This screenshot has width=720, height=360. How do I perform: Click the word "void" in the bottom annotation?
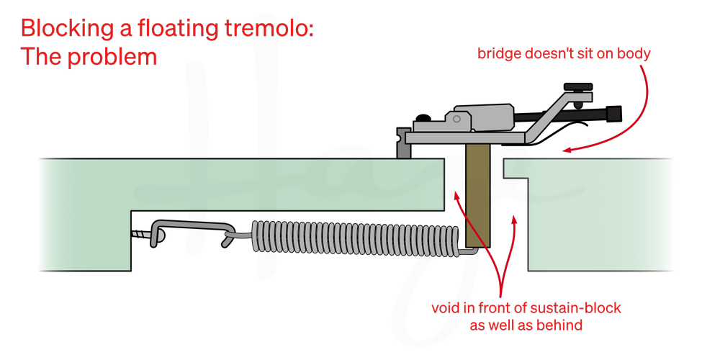pyautogui.click(x=445, y=309)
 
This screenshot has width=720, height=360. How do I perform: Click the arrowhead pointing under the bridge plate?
pyautogui.click(x=567, y=150)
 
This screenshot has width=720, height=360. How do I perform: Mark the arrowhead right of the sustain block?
pyautogui.click(x=513, y=216)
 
